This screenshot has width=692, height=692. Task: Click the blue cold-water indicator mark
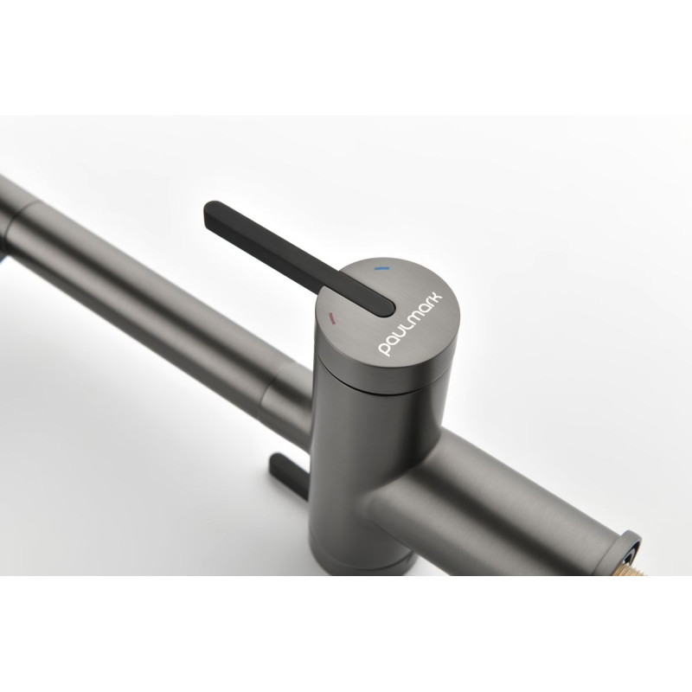(381, 268)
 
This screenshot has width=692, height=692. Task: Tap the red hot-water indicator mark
(332, 317)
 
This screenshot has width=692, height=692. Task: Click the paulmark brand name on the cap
(410, 324)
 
